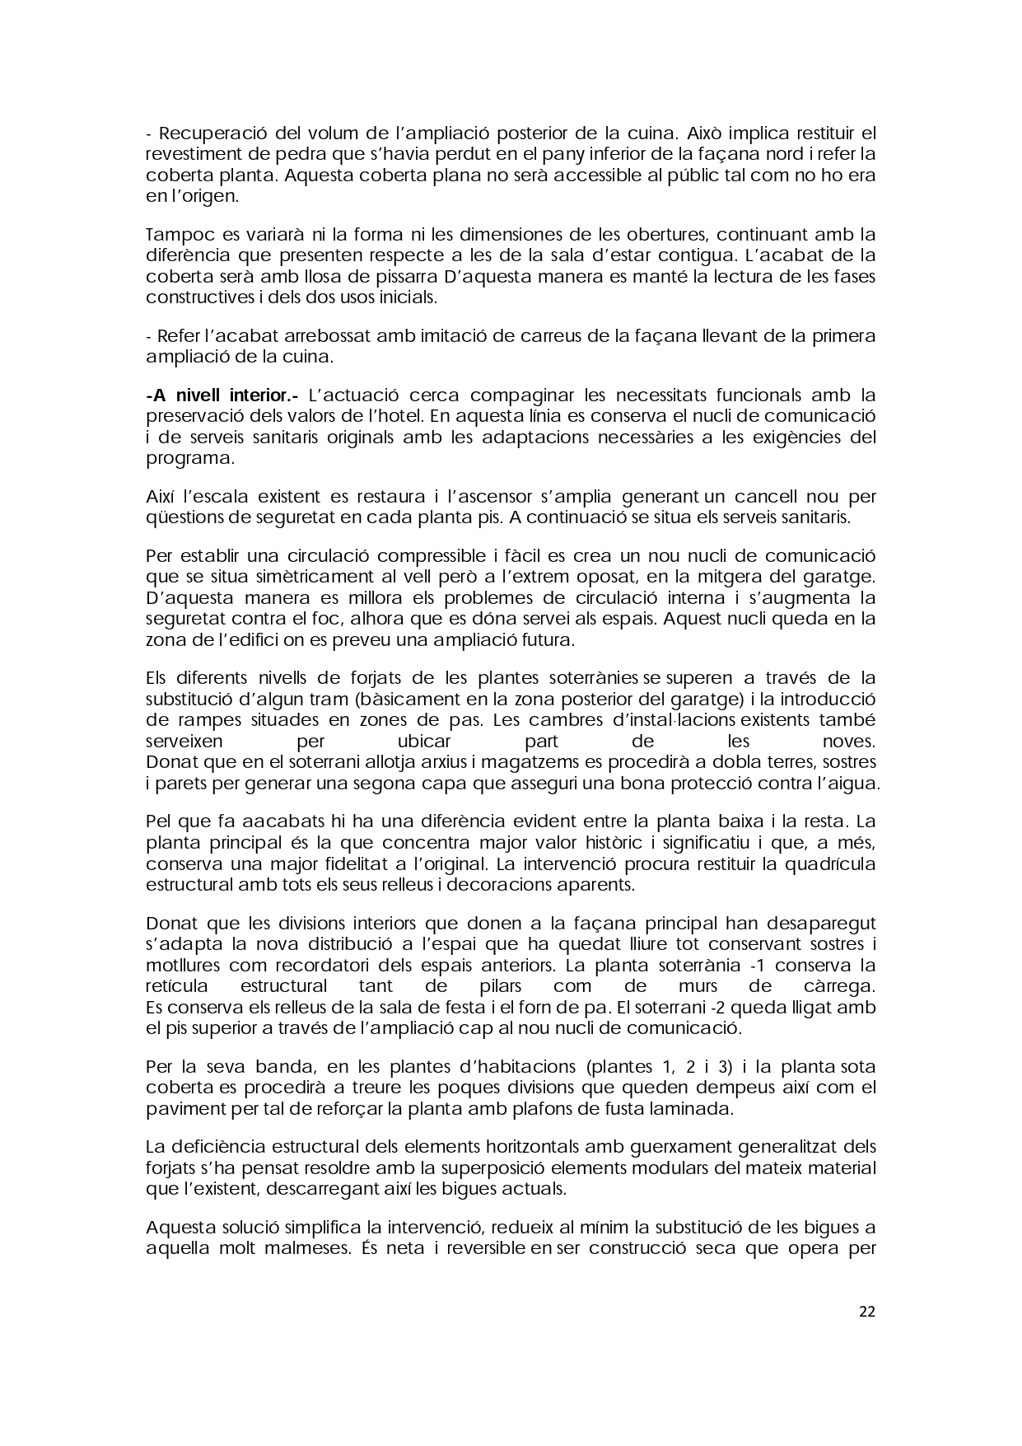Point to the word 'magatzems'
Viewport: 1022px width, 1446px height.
(x=530, y=761)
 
